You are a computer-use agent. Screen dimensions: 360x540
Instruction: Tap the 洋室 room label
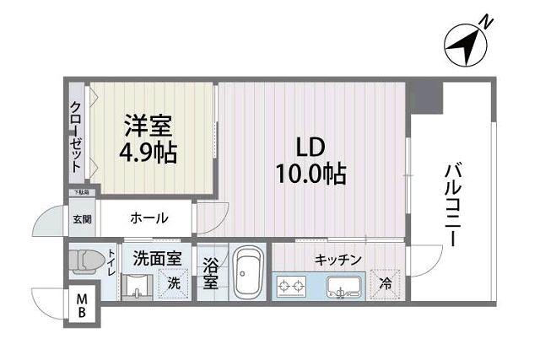pos(148,128)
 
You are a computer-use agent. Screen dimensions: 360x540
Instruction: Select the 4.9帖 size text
pos(148,153)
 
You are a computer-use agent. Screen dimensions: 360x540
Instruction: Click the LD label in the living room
pos(310,148)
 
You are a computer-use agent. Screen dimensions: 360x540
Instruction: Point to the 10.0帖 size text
pos(310,175)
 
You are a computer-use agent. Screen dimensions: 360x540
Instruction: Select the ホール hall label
pos(148,218)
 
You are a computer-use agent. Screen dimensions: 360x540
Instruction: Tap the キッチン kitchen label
pos(338,260)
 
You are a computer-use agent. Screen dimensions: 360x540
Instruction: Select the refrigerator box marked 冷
pos(385,284)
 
